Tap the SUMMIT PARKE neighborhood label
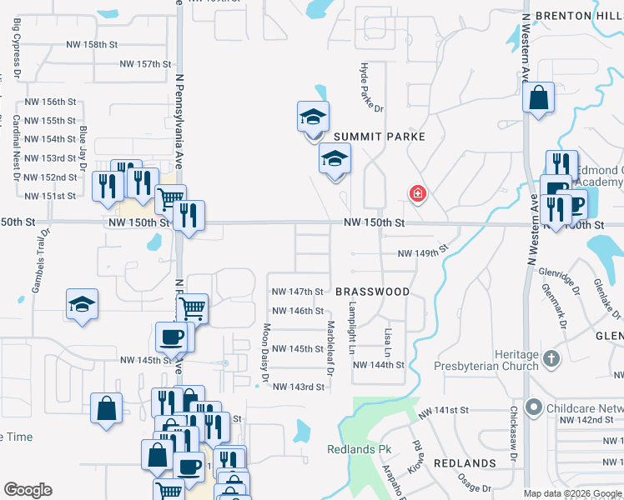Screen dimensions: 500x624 (x=380, y=137)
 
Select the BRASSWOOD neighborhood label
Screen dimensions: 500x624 (x=373, y=292)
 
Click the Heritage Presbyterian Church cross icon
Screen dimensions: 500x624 (x=551, y=359)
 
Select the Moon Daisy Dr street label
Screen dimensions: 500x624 (x=267, y=352)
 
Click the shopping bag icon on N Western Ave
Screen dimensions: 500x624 (x=539, y=97)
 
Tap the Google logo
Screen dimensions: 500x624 (x=28, y=490)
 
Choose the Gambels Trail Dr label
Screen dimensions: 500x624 (x=38, y=262)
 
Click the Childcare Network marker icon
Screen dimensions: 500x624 (x=536, y=408)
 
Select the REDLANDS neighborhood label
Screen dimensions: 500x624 (x=465, y=463)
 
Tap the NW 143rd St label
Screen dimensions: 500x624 (x=299, y=387)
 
